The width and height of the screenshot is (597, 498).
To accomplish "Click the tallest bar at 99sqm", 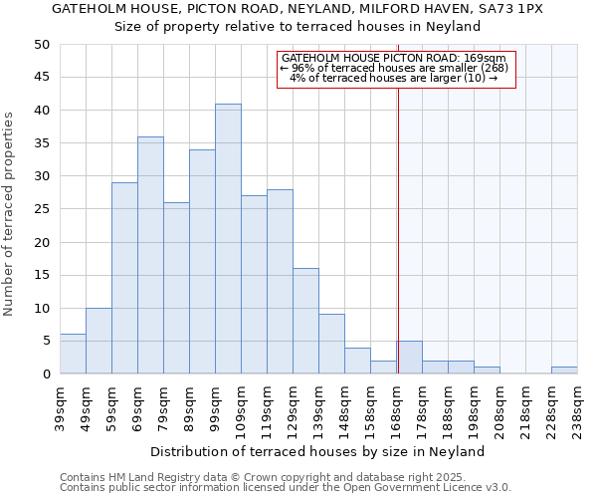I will click(x=228, y=239).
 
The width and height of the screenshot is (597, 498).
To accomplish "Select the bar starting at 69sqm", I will click(x=150, y=255).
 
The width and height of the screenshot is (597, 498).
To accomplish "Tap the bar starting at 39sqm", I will click(x=73, y=355).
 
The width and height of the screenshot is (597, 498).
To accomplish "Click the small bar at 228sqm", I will click(x=564, y=371).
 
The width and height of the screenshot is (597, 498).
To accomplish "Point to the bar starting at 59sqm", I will click(x=124, y=278).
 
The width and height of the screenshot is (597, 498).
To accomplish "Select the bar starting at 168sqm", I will click(x=409, y=358).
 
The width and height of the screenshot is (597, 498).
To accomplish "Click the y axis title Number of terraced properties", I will click(x=9, y=213).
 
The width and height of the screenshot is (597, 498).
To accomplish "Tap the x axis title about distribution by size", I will click(x=318, y=451).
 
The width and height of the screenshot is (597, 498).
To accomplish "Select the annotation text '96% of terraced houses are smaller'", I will click(x=394, y=68).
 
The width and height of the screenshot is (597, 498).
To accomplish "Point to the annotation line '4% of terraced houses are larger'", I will click(x=394, y=78).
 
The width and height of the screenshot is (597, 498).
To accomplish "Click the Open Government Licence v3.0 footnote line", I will click(x=286, y=487).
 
